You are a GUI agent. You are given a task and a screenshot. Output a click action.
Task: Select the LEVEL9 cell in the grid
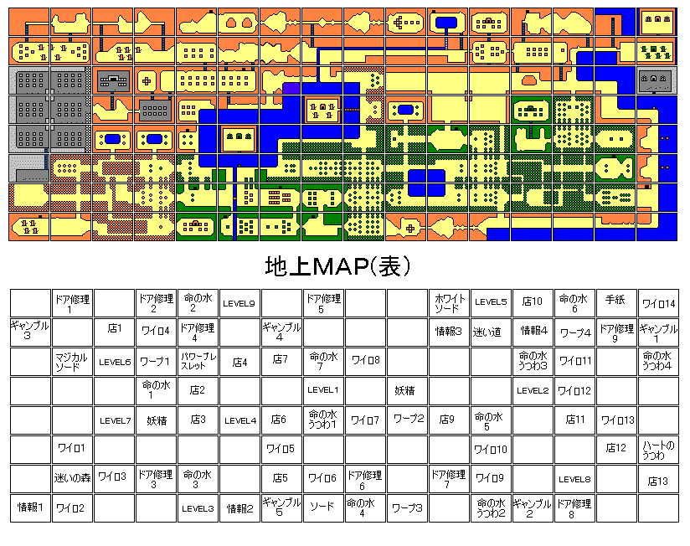tap(239, 303)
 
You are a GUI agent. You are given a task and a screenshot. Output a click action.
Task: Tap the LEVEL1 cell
tap(323, 390)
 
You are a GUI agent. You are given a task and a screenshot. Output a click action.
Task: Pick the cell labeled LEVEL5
tap(491, 303)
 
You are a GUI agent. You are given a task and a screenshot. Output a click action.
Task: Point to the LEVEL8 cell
tap(574, 479)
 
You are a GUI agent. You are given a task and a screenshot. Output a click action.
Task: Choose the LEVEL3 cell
tap(198, 507)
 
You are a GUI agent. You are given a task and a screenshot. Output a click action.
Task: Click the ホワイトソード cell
tap(449, 303)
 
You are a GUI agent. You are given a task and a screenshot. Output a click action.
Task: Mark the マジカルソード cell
tap(72, 362)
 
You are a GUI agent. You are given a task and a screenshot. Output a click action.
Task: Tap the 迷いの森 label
tap(72, 479)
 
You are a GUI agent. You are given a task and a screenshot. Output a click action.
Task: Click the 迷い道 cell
tap(491, 332)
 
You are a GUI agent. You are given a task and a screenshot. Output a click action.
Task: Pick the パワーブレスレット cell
tap(198, 362)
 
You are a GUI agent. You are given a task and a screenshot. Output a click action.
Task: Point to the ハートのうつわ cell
tap(658, 450)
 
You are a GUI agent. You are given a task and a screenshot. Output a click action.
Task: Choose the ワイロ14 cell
tap(658, 303)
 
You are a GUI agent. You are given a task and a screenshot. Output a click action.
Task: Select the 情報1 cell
tap(30, 507)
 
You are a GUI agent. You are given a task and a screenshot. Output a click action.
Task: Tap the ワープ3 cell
tap(407, 507)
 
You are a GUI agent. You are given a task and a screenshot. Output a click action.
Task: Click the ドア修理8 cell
tap(574, 507)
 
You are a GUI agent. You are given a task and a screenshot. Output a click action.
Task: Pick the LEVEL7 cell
tap(114, 420)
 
